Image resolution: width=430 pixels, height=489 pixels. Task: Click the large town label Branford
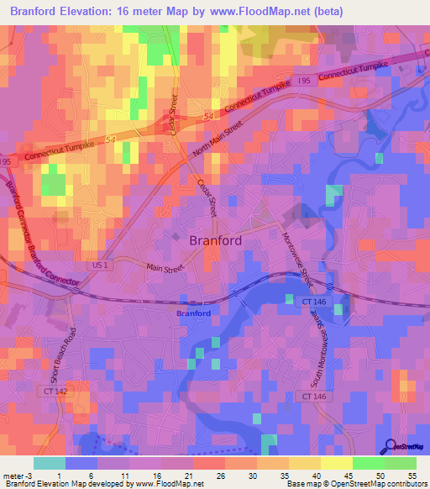(x=216, y=240)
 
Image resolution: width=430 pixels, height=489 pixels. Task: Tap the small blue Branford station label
(x=193, y=313)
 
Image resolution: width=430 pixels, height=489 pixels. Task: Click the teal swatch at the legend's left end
(x=49, y=463)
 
